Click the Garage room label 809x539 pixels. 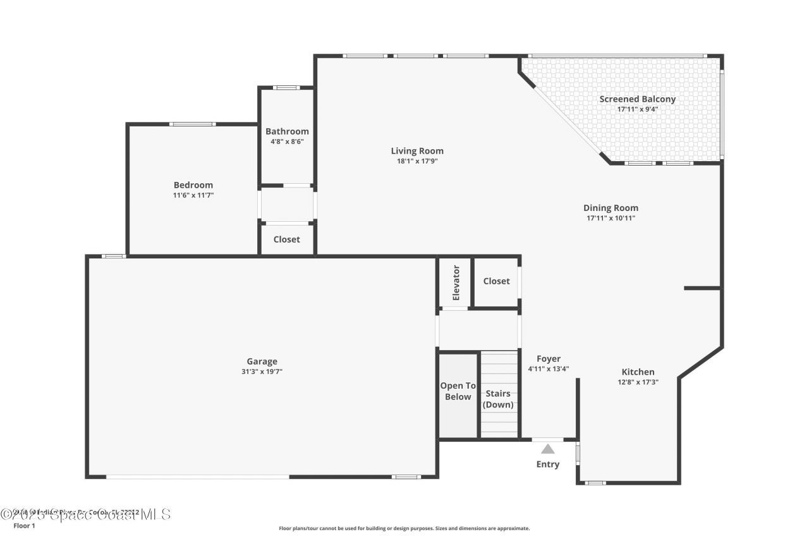(x=262, y=361)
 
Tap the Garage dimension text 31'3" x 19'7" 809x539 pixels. (x=262, y=372)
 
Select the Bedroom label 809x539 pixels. (x=193, y=185)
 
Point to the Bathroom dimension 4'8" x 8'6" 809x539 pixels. (x=287, y=142)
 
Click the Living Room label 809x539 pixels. (x=417, y=151)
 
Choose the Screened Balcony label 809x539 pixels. (x=637, y=99)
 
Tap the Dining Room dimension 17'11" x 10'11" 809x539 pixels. (x=611, y=218)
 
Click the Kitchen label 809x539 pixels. (x=638, y=372)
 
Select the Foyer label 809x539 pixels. (x=548, y=359)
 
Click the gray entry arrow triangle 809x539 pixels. (x=548, y=449)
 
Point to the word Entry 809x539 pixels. (x=548, y=464)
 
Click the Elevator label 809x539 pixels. (x=456, y=282)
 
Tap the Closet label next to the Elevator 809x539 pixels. (x=496, y=281)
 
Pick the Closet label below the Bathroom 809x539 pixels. (x=286, y=239)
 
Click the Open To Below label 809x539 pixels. (x=458, y=391)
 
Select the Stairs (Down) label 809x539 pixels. (x=498, y=399)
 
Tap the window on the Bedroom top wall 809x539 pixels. (x=193, y=124)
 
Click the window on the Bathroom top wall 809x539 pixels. (x=286, y=87)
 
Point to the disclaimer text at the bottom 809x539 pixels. (x=404, y=528)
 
